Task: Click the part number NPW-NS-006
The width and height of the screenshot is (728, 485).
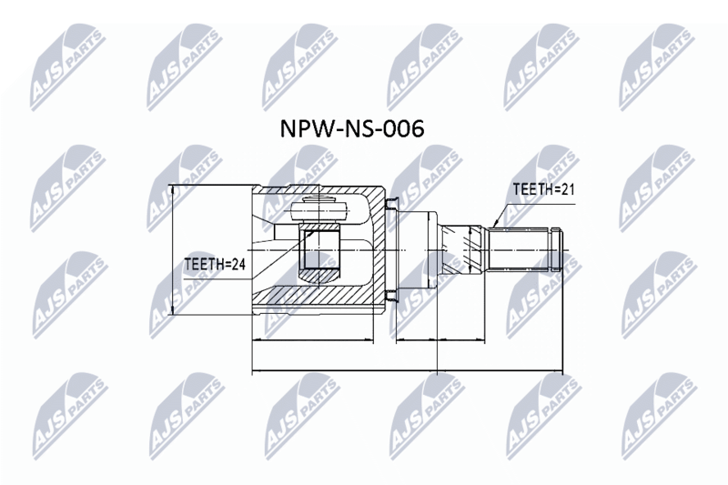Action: (352, 128)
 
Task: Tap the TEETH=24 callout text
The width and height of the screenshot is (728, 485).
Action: (215, 264)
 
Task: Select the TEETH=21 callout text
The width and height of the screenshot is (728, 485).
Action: (543, 189)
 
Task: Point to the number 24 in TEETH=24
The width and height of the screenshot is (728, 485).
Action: (238, 264)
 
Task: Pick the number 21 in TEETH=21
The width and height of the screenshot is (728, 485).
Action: (568, 189)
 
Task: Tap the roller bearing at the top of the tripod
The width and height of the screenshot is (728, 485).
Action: (318, 210)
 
